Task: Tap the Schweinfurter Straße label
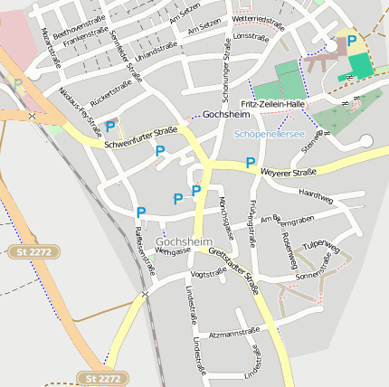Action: pyautogui.click(x=140, y=137)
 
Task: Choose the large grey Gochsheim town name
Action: pyautogui.click(x=184, y=242)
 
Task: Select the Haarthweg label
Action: pyautogui.click(x=316, y=195)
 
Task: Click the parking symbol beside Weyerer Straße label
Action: pyautogui.click(x=251, y=163)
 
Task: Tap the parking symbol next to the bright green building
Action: pyautogui.click(x=352, y=41)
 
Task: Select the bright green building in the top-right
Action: pyautogui.click(x=360, y=65)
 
